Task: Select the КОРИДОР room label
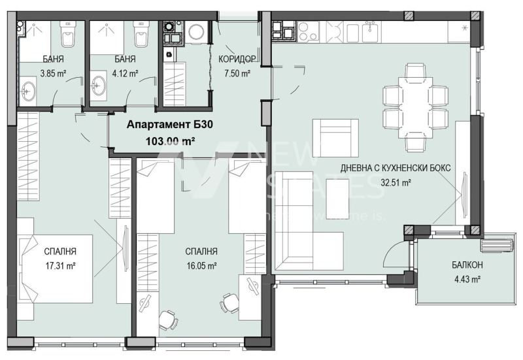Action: (236, 59)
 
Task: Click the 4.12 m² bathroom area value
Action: (124, 74)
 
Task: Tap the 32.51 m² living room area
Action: (396, 183)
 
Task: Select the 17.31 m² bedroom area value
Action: (61, 265)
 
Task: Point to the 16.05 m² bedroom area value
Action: (201, 265)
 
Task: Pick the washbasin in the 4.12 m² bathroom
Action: (100, 87)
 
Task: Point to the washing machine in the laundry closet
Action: (195, 32)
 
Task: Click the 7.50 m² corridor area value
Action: (236, 74)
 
